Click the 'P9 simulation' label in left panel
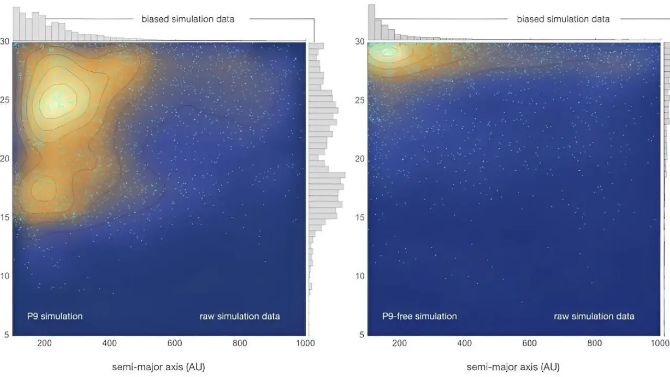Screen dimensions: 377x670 (55, 316)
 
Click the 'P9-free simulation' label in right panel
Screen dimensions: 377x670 (419, 316)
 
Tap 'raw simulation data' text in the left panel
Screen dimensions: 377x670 (240, 316)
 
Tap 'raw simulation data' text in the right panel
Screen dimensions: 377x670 (594, 316)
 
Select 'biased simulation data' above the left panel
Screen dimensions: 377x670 (188, 19)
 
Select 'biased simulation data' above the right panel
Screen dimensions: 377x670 (563, 19)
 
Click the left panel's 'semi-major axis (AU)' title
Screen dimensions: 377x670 (159, 367)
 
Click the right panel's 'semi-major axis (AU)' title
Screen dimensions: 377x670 (513, 367)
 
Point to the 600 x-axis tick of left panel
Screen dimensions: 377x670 (174, 343)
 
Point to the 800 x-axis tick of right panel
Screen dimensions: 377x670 (595, 343)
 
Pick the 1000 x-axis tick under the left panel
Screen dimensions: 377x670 (305, 343)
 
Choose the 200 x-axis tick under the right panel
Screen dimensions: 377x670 (399, 343)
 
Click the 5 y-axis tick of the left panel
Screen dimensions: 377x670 (6, 335)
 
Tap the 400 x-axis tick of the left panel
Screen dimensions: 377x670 (109, 343)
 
